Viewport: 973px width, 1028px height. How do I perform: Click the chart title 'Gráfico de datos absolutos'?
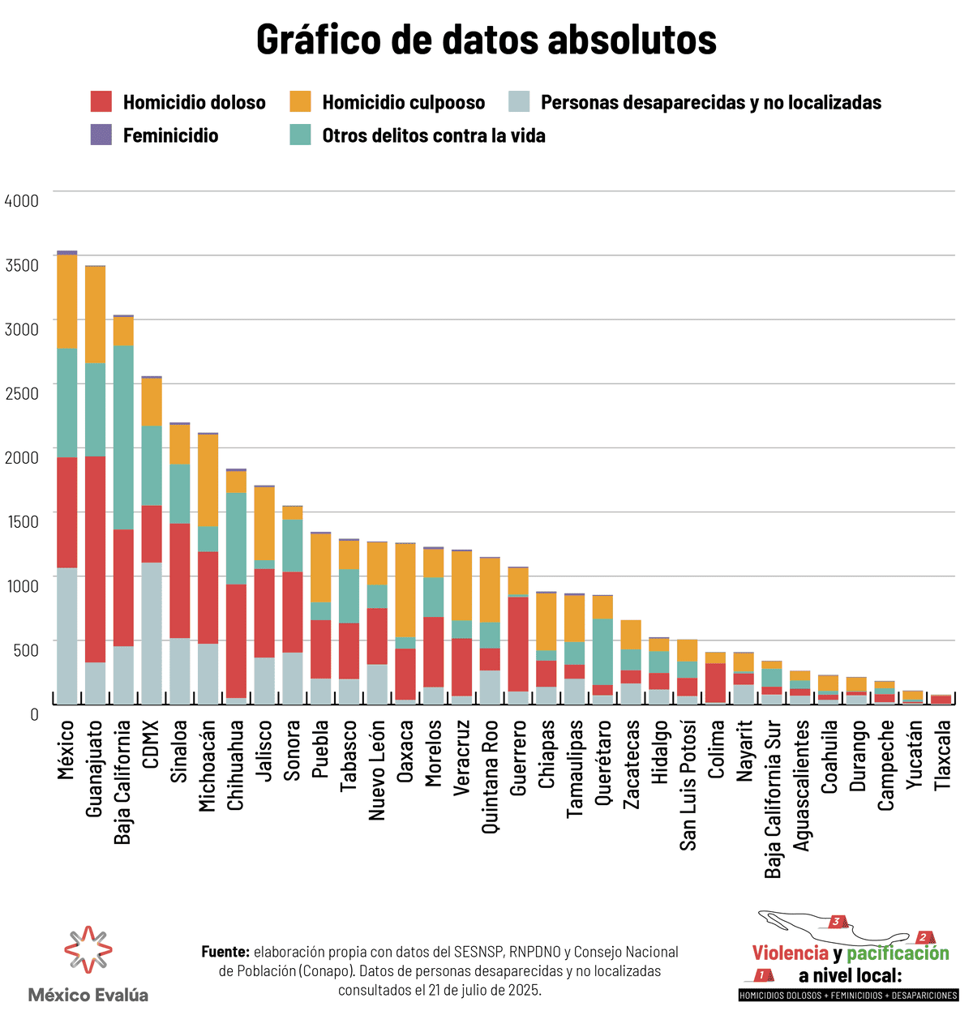click(x=486, y=40)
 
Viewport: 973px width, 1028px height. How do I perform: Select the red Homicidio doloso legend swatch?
click(x=101, y=102)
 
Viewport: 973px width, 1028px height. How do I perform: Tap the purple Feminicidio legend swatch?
click(x=101, y=135)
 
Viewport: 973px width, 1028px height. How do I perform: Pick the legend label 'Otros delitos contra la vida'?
click(x=433, y=135)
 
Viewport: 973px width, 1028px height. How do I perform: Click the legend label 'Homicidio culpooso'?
click(x=403, y=103)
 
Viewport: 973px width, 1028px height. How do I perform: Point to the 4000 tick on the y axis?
click(x=22, y=200)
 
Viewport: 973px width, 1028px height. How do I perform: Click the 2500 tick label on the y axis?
click(x=22, y=393)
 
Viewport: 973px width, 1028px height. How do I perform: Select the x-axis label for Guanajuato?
click(x=95, y=769)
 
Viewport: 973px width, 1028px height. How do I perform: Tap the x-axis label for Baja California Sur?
click(x=774, y=799)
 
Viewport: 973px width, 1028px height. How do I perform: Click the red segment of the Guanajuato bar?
click(x=95, y=559)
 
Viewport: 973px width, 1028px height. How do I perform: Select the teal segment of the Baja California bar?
click(x=123, y=438)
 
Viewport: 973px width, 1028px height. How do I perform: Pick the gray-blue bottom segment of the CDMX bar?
click(x=152, y=632)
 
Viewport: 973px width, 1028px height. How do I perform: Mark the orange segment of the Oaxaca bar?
click(x=405, y=590)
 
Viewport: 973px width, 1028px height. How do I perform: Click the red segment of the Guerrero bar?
click(x=518, y=644)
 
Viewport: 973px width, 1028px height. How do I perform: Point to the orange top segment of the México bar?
click(x=67, y=302)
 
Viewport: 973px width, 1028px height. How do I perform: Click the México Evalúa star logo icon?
click(x=88, y=949)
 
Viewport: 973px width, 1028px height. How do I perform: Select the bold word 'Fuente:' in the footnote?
click(x=225, y=952)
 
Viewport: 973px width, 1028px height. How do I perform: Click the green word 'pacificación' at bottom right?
click(x=898, y=953)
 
